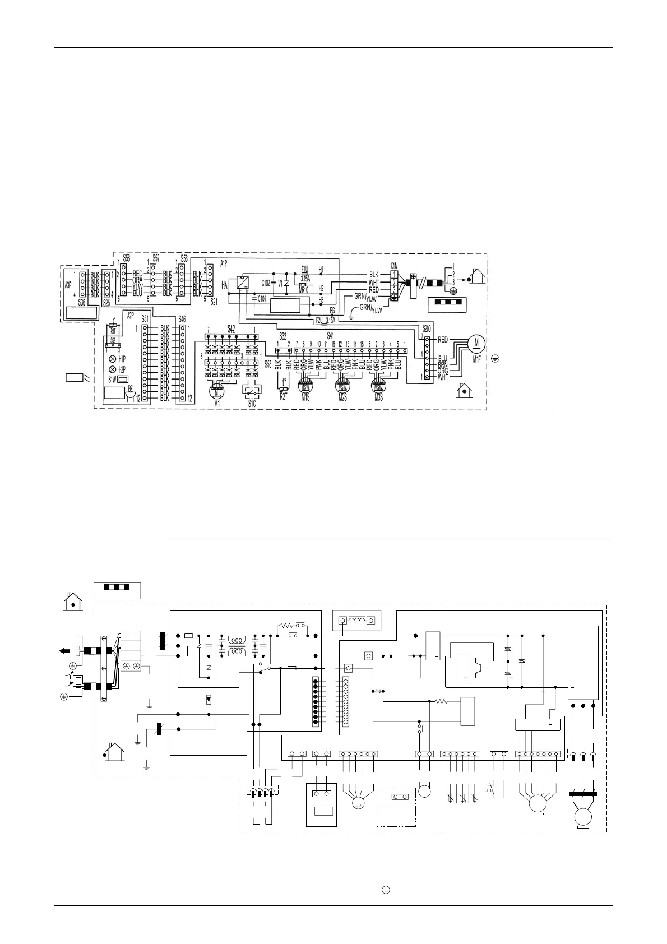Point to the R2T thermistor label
click(x=284, y=397)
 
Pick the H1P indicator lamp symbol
click(x=112, y=358)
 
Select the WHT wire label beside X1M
click(x=374, y=283)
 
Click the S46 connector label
click(x=182, y=318)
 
